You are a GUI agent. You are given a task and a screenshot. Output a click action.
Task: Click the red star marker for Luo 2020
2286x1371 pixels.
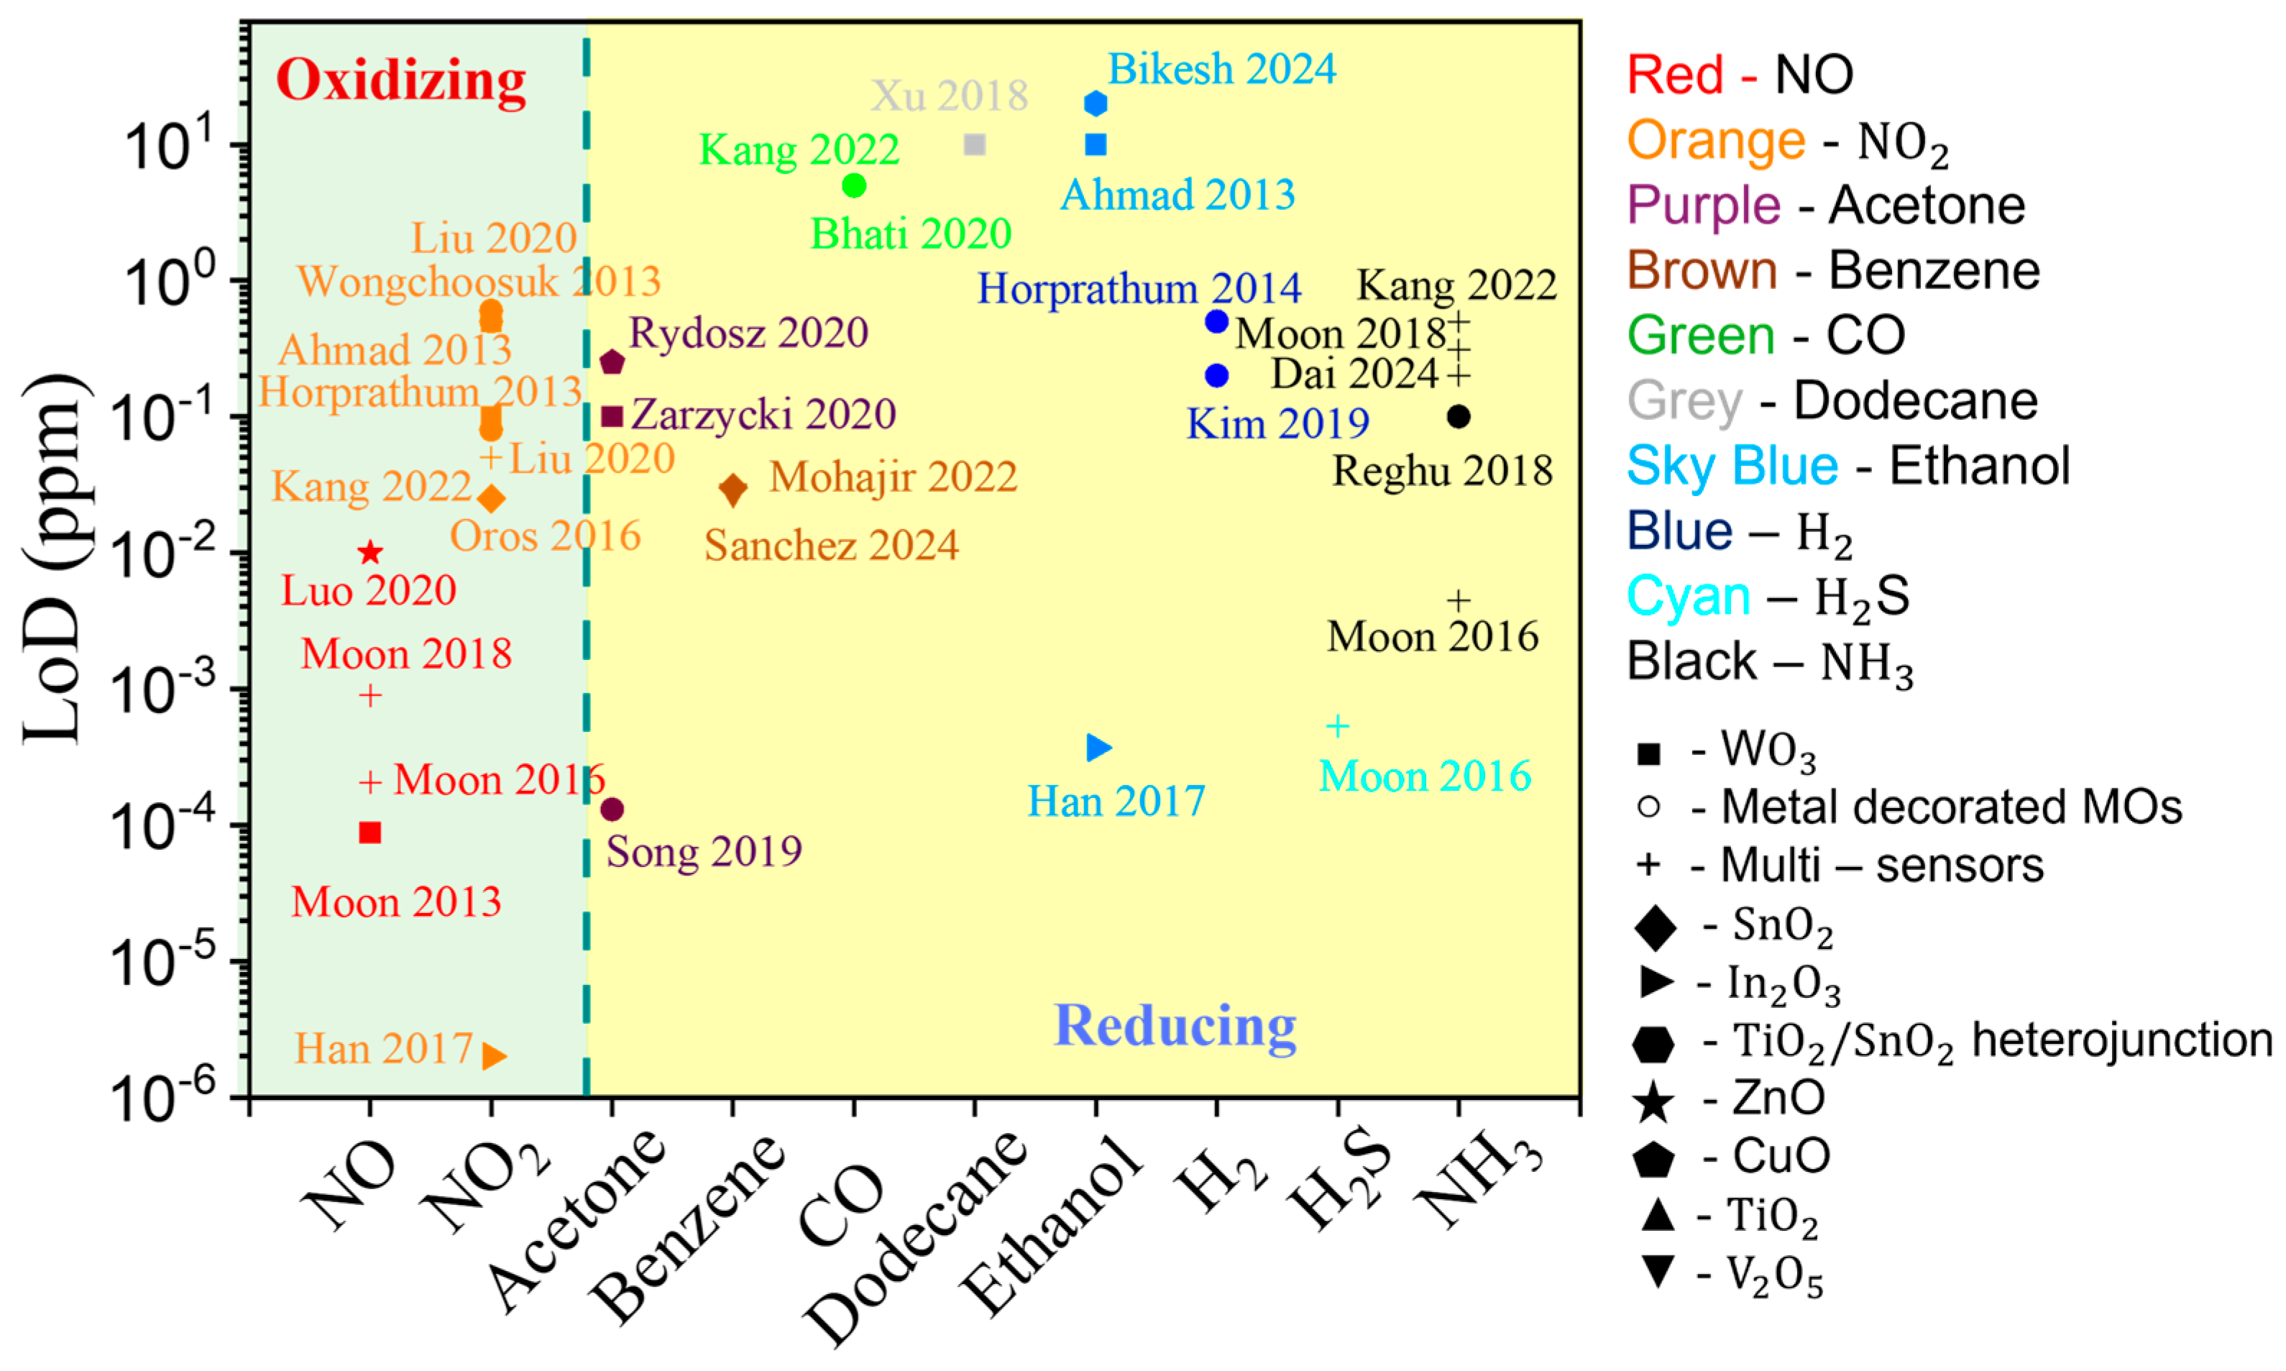370,552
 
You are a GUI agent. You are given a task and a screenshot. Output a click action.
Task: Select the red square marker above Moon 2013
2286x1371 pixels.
370,833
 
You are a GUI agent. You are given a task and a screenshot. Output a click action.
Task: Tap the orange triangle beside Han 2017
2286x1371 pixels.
494,1055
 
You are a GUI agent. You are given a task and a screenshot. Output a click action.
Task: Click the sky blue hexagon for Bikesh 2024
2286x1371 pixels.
1096,103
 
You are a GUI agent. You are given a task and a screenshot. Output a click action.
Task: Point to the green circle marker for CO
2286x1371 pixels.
854,185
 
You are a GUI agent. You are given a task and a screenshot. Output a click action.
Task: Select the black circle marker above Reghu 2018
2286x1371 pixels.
1459,417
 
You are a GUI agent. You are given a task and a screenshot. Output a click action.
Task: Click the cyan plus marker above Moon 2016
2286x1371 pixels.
1337,726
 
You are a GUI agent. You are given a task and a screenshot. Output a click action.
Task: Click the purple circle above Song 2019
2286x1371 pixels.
612,810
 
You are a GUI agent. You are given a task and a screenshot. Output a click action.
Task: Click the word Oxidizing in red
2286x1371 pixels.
401,81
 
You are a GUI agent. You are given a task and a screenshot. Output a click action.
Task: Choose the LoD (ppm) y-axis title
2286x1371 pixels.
55,559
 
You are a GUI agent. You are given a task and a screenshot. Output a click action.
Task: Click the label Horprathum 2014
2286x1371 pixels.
1139,288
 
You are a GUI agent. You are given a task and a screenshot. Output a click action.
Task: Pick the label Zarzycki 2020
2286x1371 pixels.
763,415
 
